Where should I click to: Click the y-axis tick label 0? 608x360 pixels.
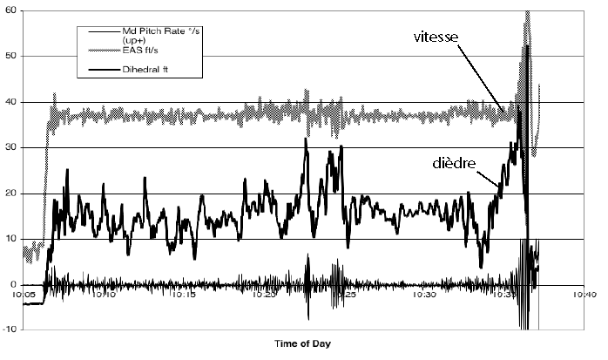(13, 284)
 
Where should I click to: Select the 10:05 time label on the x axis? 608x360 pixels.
(24, 295)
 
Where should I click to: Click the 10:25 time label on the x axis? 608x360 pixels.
(346, 295)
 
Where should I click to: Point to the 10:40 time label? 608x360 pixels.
(584, 295)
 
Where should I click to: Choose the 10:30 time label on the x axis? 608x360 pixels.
(425, 295)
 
